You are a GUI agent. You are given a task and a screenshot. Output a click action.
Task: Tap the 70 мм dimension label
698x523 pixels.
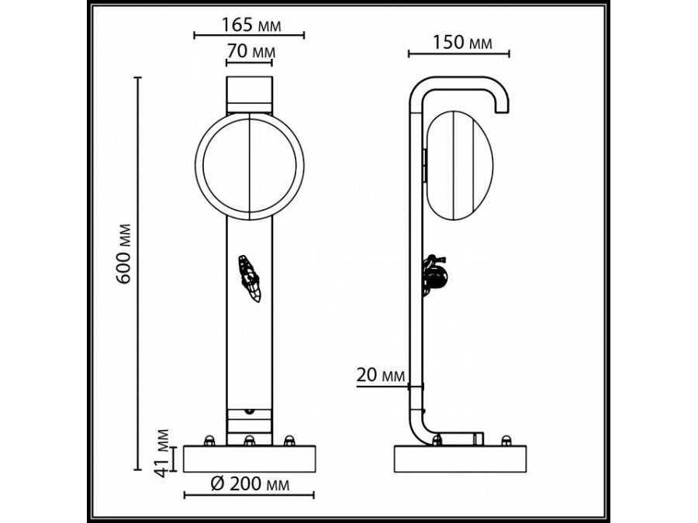[x=248, y=52]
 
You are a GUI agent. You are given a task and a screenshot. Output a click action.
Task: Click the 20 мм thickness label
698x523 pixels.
[x=381, y=377]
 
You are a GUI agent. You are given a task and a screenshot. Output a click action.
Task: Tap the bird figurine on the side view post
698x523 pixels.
[x=436, y=274]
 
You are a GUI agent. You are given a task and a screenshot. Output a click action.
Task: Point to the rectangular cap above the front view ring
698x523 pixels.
[x=248, y=95]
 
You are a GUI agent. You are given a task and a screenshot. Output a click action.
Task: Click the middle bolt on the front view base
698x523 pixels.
[x=249, y=441]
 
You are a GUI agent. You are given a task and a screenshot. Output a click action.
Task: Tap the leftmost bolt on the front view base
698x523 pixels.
[x=209, y=441]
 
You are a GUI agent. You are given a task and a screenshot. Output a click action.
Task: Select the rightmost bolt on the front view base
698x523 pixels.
[x=289, y=441]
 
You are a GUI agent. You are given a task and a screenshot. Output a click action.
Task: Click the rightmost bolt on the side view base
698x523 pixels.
[x=506, y=441]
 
